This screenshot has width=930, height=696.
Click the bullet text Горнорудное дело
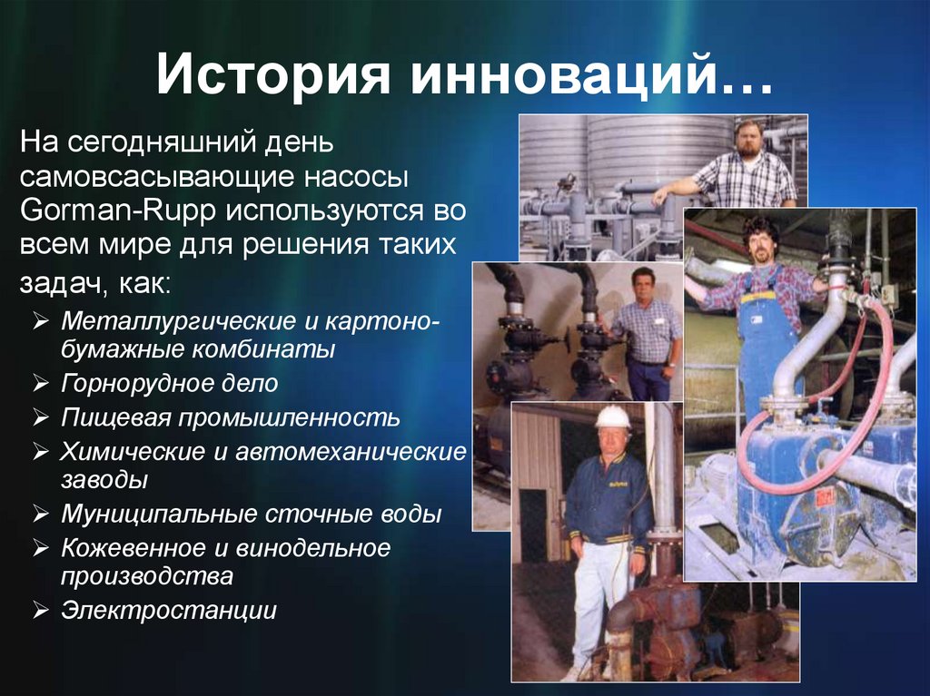pos(169,383)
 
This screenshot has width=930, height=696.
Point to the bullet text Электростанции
pos(168,610)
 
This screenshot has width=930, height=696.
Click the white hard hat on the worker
pos(613,417)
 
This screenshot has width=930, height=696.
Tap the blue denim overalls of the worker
pos(767,336)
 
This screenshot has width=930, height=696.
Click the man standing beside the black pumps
pos(646,331)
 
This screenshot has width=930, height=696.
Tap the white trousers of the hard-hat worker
pos(600,599)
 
